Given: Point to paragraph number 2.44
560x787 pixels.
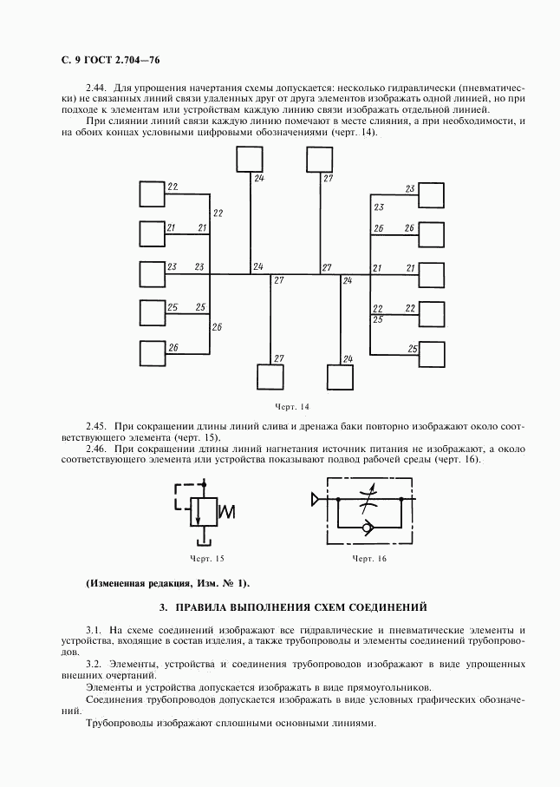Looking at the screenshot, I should pos(97,88).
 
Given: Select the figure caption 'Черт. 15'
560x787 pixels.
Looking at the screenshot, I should pos(206,558).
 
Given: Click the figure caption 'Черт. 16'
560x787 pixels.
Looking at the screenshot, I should pos(368,558).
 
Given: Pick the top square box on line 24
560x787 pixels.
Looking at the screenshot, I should pos(249,160).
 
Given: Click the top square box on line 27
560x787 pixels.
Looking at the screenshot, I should pos(318,160).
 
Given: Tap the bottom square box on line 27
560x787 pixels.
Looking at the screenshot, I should pos(270,378).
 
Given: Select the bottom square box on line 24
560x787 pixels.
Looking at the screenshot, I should pos(340,378).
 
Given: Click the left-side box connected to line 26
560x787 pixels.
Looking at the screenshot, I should pos(153,353).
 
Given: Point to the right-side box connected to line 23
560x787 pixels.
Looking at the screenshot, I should pos(431,195).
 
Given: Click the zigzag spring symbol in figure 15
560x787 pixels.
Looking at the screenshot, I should pos(228,511).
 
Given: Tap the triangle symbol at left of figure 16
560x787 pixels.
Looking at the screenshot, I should pos(316,500).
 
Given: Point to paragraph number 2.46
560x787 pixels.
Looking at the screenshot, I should pos(97,449).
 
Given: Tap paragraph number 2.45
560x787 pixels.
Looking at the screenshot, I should pos(97,426).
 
